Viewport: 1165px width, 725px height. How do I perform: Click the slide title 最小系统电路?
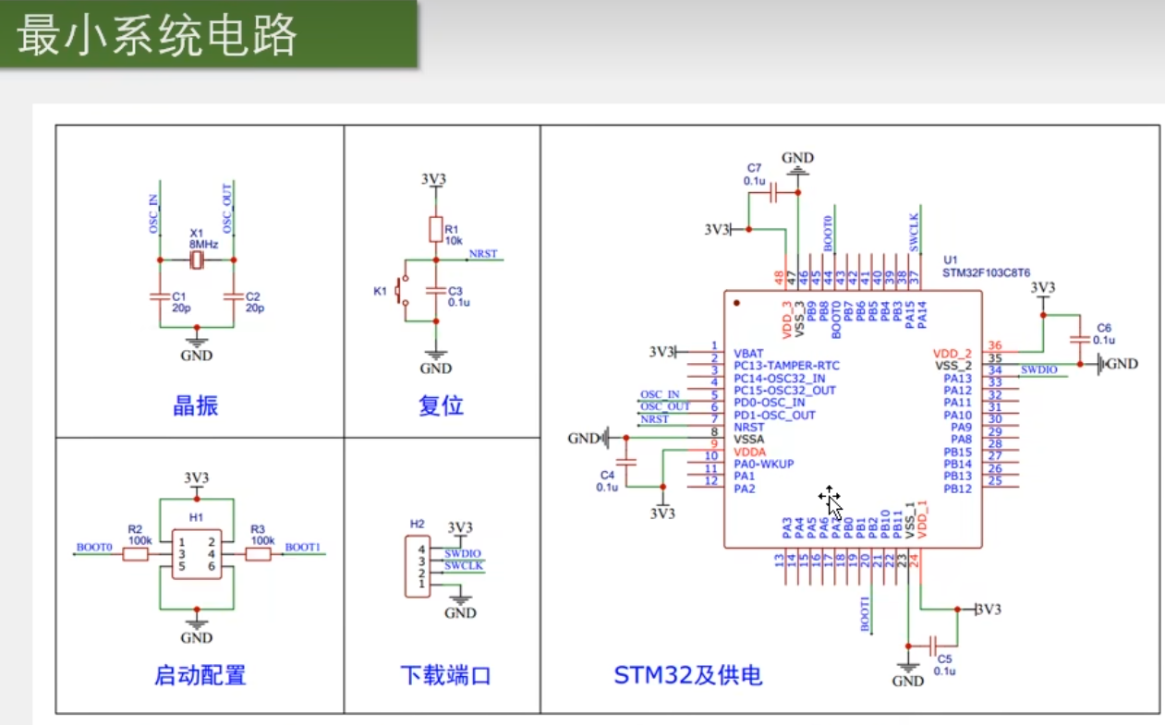(158, 36)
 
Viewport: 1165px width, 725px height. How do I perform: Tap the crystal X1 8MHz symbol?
(196, 260)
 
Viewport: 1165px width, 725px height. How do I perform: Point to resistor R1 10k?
(436, 229)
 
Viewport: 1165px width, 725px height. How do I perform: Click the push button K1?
(401, 291)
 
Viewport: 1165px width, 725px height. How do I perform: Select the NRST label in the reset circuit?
(482, 253)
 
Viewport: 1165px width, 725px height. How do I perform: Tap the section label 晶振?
(196, 405)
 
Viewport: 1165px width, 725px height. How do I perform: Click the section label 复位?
(441, 405)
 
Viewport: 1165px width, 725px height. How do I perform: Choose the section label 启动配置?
(200, 675)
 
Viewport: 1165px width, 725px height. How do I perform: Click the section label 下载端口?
(444, 675)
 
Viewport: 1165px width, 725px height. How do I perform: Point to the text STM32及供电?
(688, 675)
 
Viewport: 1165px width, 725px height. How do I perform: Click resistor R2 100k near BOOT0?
(136, 554)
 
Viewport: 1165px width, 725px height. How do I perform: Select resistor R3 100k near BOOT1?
(258, 554)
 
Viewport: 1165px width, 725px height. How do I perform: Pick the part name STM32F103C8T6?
(986, 272)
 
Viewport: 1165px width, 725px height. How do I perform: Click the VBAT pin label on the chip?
(748, 353)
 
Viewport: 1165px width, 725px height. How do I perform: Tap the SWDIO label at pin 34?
(1039, 369)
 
